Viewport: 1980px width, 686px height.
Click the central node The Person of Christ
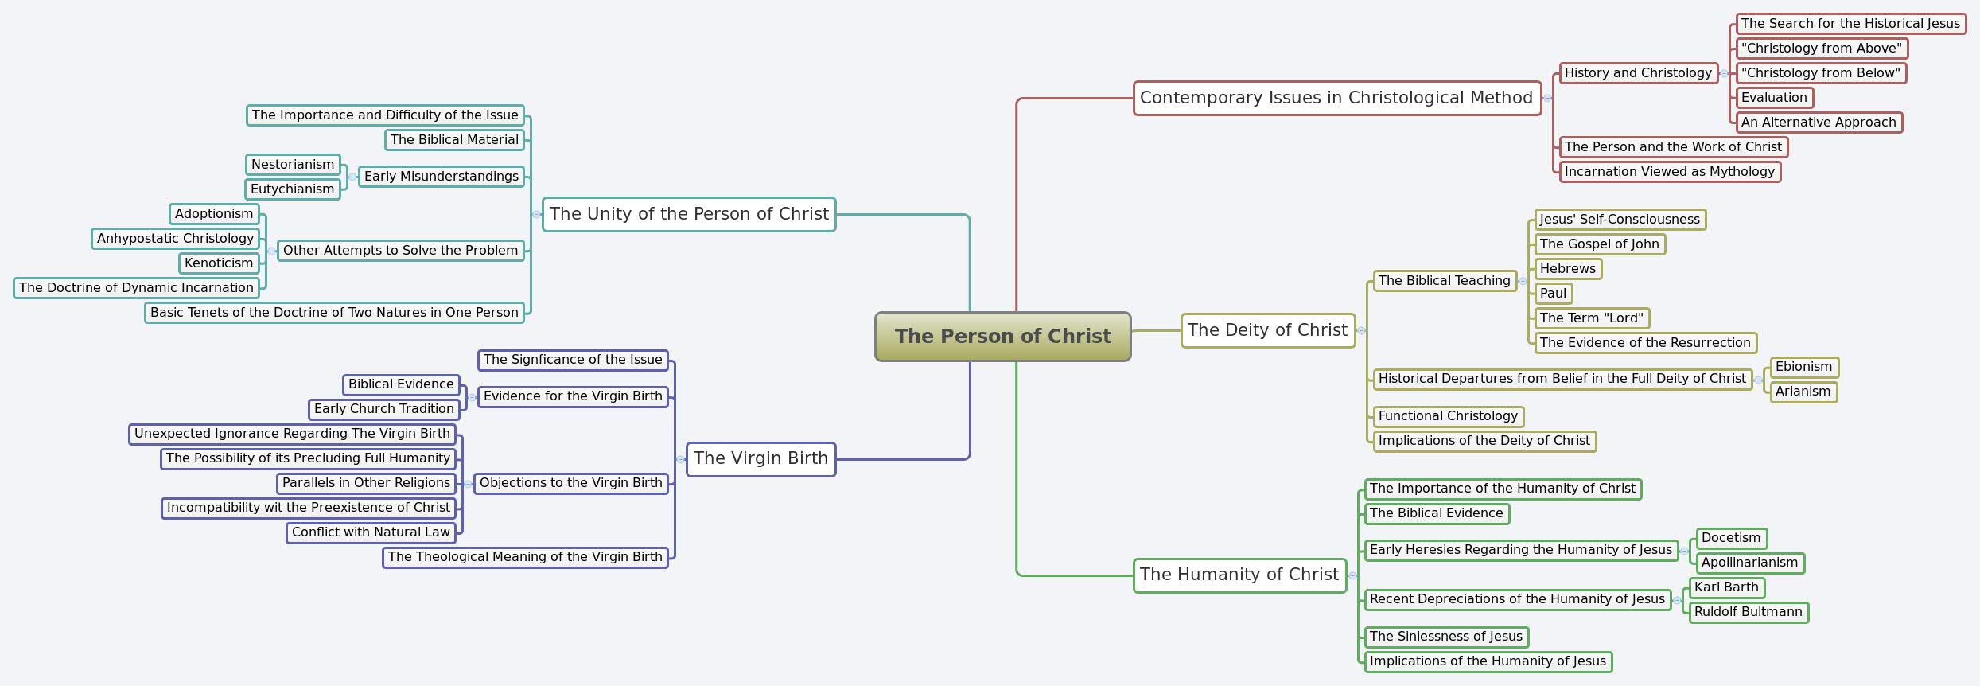click(1002, 337)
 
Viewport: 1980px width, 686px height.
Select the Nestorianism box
click(293, 165)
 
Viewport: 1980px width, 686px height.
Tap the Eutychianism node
click(292, 189)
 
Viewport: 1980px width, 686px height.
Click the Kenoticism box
click(219, 263)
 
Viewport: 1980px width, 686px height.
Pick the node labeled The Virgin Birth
click(760, 459)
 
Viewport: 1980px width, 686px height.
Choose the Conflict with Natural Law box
click(371, 532)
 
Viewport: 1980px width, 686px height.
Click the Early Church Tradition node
click(383, 409)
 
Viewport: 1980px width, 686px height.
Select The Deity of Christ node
click(1267, 330)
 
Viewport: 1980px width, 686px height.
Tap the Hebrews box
click(1567, 269)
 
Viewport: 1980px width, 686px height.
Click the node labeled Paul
click(1553, 294)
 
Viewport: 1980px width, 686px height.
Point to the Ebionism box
click(1803, 367)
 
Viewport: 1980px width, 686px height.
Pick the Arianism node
click(1803, 392)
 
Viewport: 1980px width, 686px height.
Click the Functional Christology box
click(1448, 416)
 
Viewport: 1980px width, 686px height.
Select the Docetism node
click(1731, 538)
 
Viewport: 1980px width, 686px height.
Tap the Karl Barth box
click(1726, 587)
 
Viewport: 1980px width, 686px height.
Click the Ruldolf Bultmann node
click(1748, 612)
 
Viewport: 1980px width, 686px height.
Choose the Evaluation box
click(1774, 98)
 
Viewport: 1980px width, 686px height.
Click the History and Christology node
click(1638, 73)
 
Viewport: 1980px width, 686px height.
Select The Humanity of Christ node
click(1239, 575)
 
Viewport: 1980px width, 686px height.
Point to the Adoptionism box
click(214, 214)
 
